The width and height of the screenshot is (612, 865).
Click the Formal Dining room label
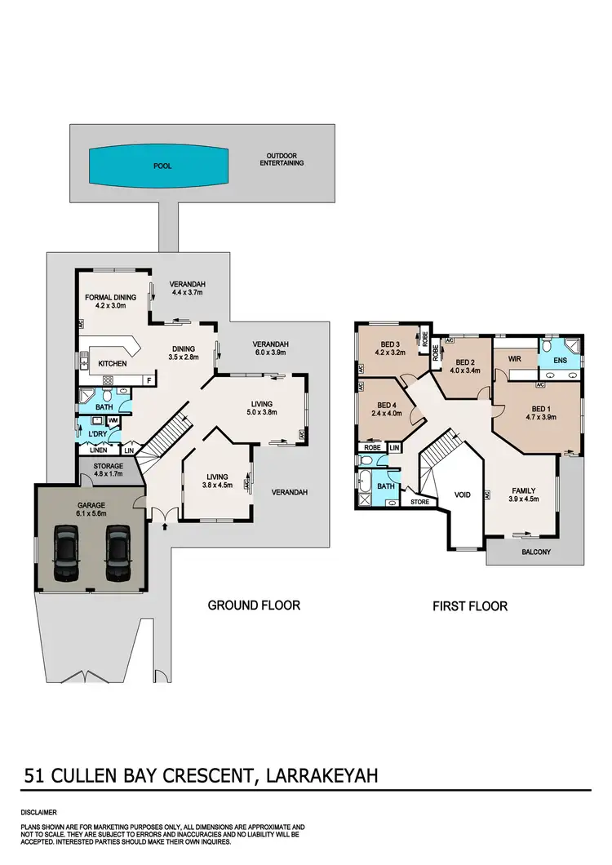[x=109, y=299]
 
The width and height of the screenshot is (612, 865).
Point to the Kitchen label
[x=113, y=362]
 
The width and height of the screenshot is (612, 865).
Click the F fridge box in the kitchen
[x=149, y=380]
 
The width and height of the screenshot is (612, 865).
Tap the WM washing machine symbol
[x=113, y=419]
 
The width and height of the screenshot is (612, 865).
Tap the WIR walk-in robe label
[x=514, y=357]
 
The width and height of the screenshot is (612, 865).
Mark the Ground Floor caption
[x=254, y=605]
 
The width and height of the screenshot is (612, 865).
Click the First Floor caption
[x=471, y=605]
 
